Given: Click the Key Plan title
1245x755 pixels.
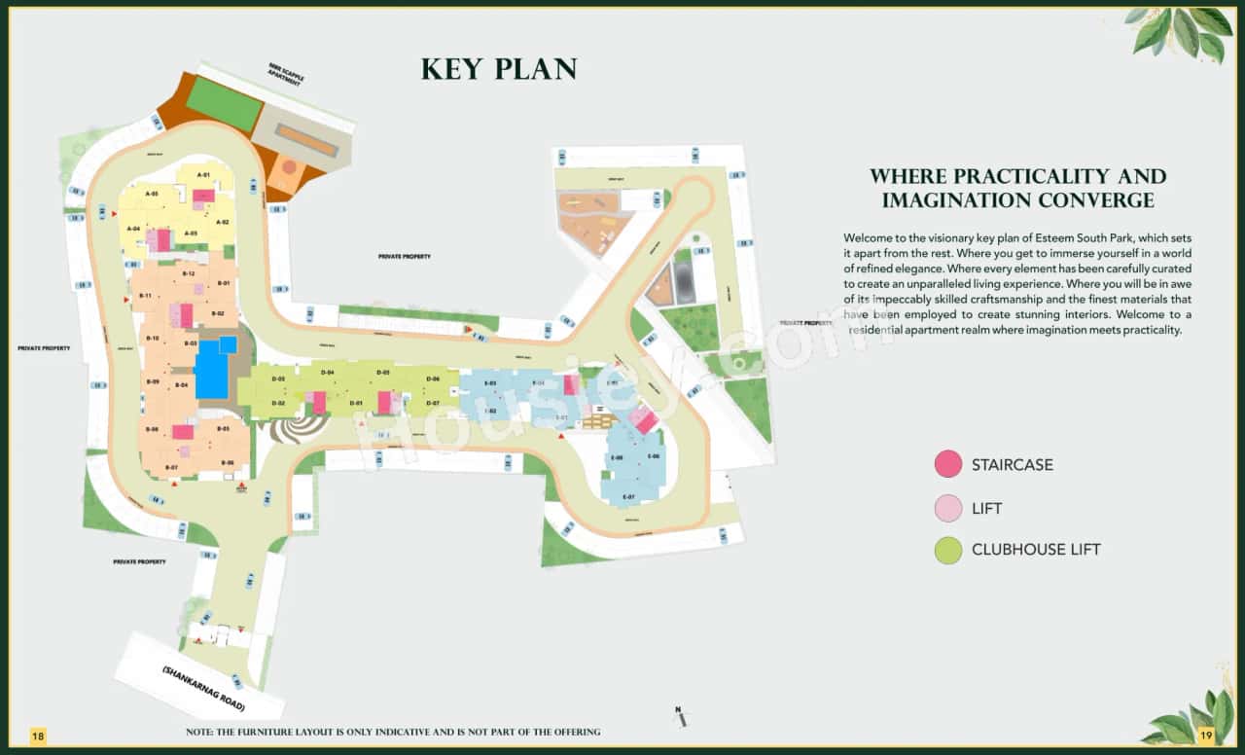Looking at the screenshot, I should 499,69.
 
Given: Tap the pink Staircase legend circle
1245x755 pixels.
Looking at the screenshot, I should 947,465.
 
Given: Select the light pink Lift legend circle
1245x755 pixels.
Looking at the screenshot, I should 947,508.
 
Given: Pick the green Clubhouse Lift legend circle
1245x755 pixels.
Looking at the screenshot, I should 947,550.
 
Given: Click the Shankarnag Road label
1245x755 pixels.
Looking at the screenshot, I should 203,688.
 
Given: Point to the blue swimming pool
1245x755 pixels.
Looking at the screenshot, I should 212,371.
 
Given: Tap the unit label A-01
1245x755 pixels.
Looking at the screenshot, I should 204,174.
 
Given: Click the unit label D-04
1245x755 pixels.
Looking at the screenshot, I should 328,373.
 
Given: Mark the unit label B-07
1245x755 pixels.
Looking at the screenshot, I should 171,468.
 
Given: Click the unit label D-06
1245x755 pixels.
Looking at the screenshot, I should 433,378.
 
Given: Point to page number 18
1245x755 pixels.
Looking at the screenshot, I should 38,735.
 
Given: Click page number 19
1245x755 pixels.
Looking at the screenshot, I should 1206,735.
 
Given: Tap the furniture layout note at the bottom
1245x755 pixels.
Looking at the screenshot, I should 393,732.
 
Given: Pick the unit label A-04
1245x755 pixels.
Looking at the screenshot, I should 133,228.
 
